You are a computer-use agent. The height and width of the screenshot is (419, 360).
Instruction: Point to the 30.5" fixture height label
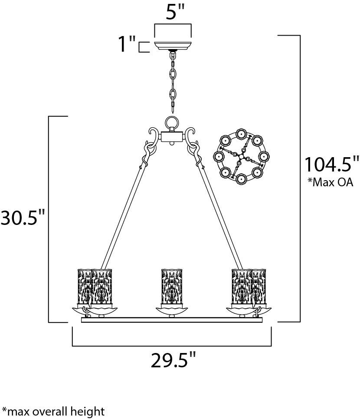pos(23,218)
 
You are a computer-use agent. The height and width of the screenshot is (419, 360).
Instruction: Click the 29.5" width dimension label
pos(173,360)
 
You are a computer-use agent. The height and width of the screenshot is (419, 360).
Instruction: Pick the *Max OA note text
pos(331,182)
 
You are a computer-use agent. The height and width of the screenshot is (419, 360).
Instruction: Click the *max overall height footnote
pos(53,411)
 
